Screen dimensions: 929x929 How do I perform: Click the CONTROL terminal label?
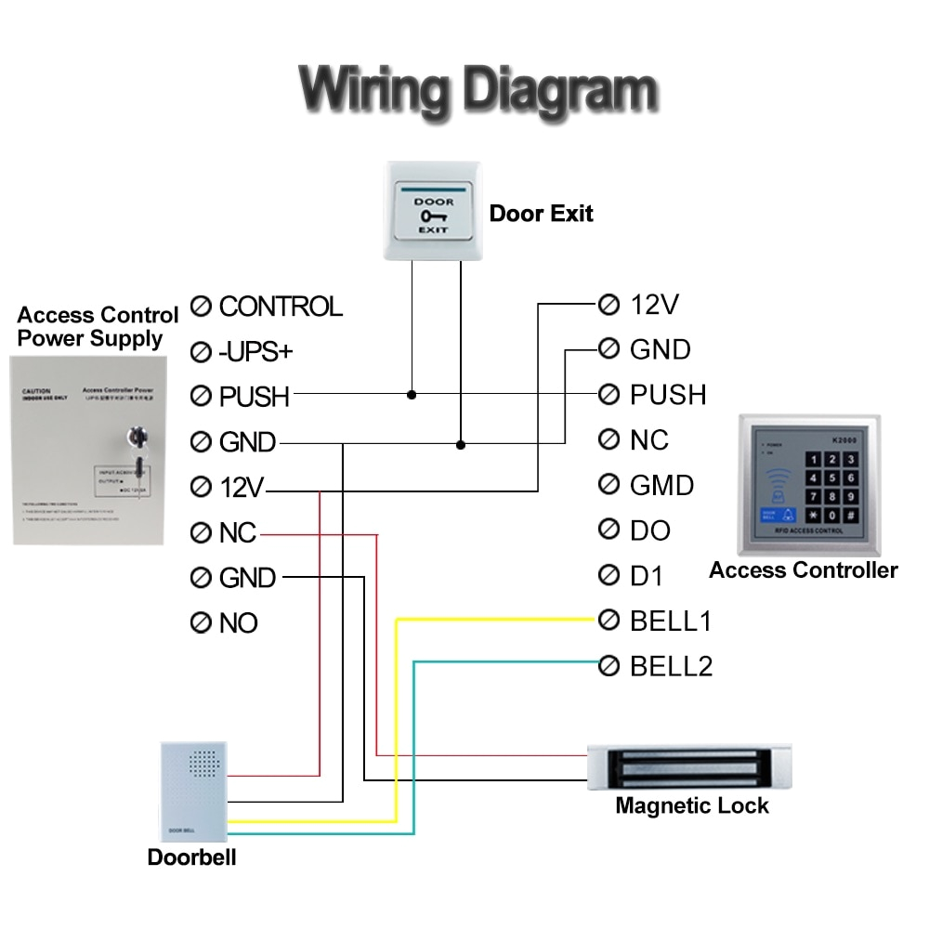pyautogui.click(x=281, y=306)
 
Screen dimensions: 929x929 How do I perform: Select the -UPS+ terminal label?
pyautogui.click(x=255, y=351)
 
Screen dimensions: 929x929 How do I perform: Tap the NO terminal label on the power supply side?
pyautogui.click(x=239, y=623)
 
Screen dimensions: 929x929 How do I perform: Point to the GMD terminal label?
pyautogui.click(x=661, y=485)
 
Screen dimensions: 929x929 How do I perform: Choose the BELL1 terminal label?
pyautogui.click(x=671, y=621)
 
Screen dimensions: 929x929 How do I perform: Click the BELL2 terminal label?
pyautogui.click(x=671, y=666)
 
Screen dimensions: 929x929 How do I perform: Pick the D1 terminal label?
pyautogui.click(x=647, y=576)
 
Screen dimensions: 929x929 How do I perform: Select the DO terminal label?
pyautogui.click(x=650, y=530)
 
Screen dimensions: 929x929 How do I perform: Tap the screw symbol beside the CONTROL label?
pyautogui.click(x=201, y=307)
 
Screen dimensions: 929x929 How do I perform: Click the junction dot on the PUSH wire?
pyautogui.click(x=412, y=395)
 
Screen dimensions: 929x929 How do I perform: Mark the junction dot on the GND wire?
pyautogui.click(x=460, y=445)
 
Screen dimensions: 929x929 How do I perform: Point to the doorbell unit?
pyautogui.click(x=193, y=790)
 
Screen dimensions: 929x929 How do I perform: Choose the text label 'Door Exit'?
pyautogui.click(x=541, y=214)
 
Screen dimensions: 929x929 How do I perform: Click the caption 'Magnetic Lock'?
pyautogui.click(x=692, y=805)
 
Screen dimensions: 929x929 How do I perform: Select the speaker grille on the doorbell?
pyautogui.click(x=198, y=764)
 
